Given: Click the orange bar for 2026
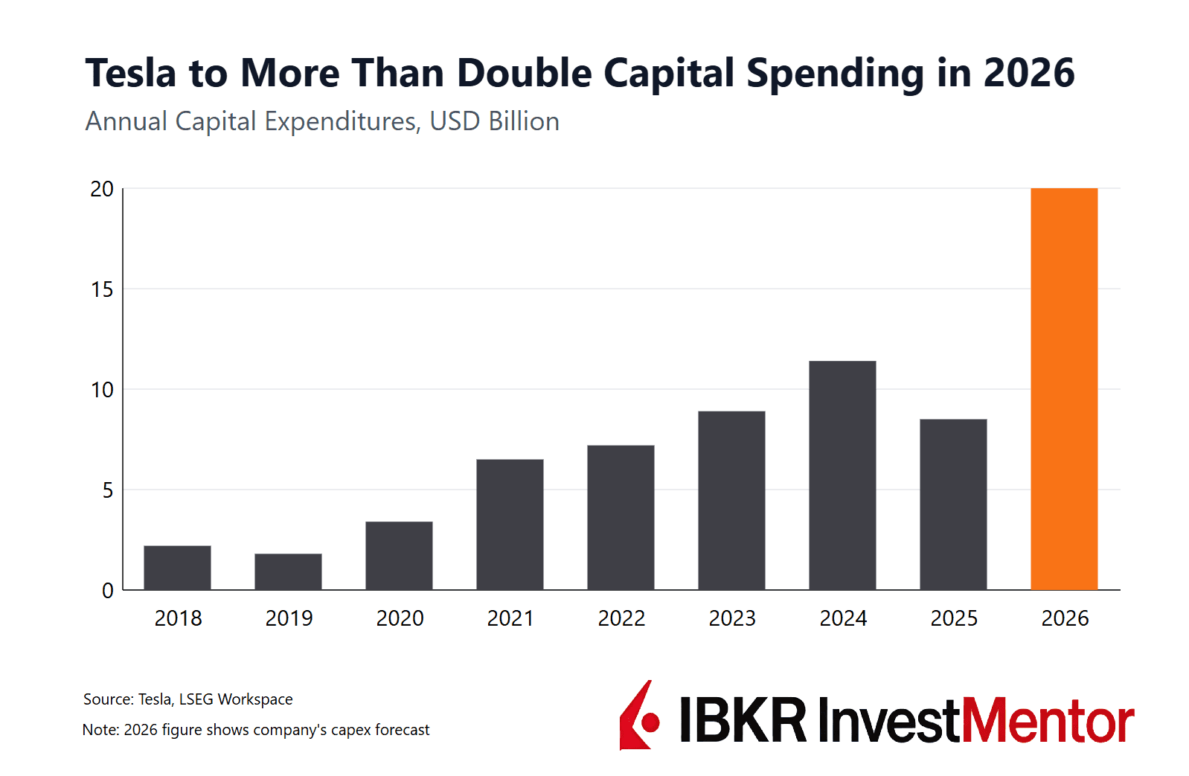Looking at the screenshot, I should point(1064,388).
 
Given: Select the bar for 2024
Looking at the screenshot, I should point(842,475).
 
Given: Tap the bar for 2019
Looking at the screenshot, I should point(288,571).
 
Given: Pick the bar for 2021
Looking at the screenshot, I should point(510,525).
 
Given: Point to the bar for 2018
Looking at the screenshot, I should point(177,568).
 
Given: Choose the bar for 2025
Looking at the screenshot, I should point(953,504).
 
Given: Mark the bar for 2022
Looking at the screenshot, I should point(621,518).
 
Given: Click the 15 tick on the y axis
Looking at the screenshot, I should point(102,289).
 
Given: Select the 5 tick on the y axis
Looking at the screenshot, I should point(108,490).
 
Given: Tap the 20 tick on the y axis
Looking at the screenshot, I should point(102,189).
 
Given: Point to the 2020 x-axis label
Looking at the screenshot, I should point(400,618).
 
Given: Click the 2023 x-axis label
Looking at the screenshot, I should point(732,618).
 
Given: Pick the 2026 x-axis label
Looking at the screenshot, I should point(1065,618).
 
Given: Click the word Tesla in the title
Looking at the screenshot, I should point(130,74).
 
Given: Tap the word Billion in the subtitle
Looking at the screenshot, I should point(524,121).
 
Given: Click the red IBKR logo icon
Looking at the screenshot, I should point(639,716).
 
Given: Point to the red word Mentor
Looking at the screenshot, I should point(1048,720).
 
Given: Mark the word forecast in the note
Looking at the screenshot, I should point(402,730).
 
